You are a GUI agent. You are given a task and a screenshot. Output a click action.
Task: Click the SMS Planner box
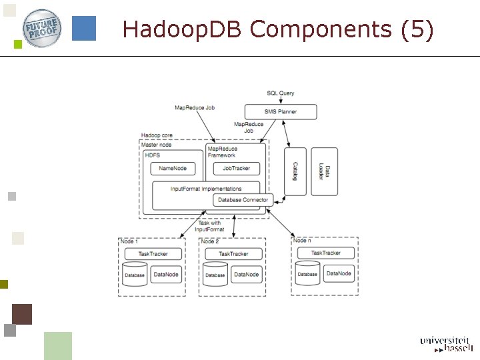click(281, 111)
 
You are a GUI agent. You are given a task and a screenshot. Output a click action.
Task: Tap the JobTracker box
click(236, 168)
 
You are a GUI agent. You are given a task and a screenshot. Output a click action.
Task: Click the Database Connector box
click(243, 200)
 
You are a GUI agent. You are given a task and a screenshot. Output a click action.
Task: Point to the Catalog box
click(295, 171)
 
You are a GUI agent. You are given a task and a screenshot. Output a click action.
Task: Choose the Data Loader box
click(324, 171)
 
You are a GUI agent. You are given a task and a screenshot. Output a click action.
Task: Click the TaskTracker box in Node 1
click(153, 254)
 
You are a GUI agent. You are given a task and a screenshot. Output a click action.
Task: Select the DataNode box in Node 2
click(246, 274)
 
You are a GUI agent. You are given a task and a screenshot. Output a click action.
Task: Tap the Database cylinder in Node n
click(307, 273)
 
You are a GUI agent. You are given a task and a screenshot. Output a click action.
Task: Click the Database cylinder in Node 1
click(135, 274)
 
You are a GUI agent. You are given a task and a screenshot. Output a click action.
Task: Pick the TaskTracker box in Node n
click(325, 253)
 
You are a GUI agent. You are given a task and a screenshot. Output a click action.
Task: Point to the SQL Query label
click(280, 93)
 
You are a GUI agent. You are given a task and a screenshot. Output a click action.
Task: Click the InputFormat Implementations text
click(205, 189)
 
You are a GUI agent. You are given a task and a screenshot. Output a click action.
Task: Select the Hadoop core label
click(157, 135)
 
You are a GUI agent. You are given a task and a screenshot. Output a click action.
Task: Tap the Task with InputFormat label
click(209, 226)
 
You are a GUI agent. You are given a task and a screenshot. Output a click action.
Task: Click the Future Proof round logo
click(43, 27)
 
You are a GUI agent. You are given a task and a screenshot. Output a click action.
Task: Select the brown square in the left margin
click(22, 313)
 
